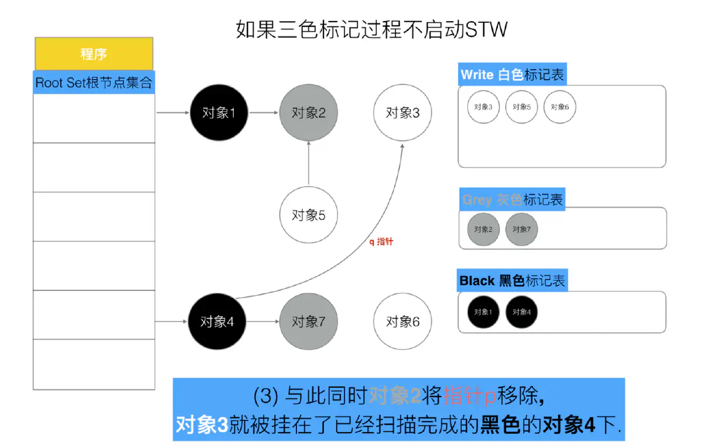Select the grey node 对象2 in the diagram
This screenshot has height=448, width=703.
(309, 113)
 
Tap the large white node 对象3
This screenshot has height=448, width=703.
(402, 113)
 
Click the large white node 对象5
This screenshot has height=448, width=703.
(309, 215)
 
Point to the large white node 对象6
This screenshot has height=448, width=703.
(402, 322)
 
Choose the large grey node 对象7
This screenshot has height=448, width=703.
(309, 322)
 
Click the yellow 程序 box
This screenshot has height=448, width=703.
(94, 54)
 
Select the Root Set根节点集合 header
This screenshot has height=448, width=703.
(94, 82)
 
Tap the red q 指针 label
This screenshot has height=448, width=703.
(381, 241)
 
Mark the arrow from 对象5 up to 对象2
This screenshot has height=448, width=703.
(309, 164)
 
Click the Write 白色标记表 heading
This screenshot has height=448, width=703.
(513, 75)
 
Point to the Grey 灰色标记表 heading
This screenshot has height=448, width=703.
(513, 200)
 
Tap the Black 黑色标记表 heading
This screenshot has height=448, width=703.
(513, 281)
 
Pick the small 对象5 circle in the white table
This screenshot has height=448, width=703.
(521, 107)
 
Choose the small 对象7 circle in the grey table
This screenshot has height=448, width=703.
(521, 229)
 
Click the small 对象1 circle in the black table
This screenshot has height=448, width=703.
(483, 312)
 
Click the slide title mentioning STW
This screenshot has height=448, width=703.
(371, 29)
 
